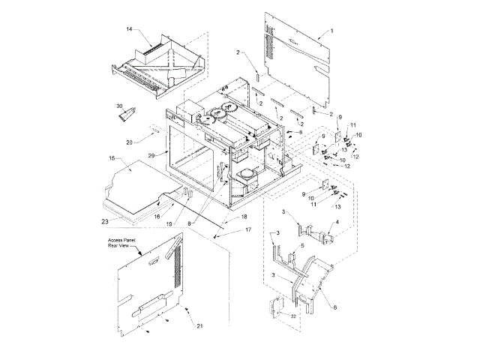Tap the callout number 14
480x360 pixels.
[128, 30]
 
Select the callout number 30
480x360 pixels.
[118, 106]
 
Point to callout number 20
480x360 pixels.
[129, 142]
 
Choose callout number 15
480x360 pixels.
[111, 159]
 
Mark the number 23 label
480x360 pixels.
[105, 221]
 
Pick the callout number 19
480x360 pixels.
[169, 223]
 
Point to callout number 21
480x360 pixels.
[199, 325]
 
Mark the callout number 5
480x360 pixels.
[301, 245]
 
